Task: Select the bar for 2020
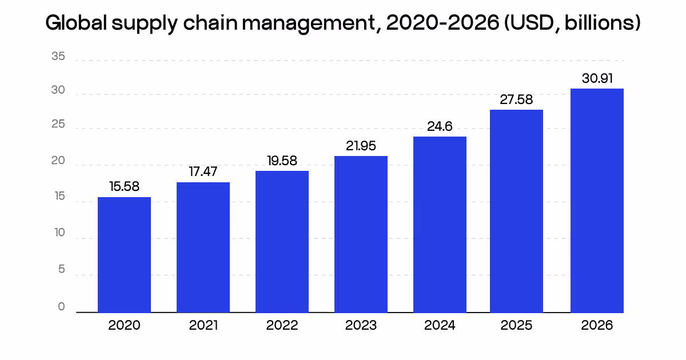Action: [x=124, y=255]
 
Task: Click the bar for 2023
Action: [x=361, y=234]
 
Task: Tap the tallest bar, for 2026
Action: [x=597, y=201]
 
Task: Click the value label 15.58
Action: [x=124, y=187]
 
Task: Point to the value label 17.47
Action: [x=203, y=171]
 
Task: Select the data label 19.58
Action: [x=282, y=161]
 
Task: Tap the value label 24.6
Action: [x=440, y=127]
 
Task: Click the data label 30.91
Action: [x=597, y=79]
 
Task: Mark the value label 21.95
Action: [x=361, y=146]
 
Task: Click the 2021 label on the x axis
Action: [x=203, y=326]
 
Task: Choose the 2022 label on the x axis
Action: [x=282, y=326]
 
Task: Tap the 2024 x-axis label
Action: [x=440, y=326]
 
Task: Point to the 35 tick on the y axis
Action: [x=58, y=57]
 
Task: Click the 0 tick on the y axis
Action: [x=62, y=307]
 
